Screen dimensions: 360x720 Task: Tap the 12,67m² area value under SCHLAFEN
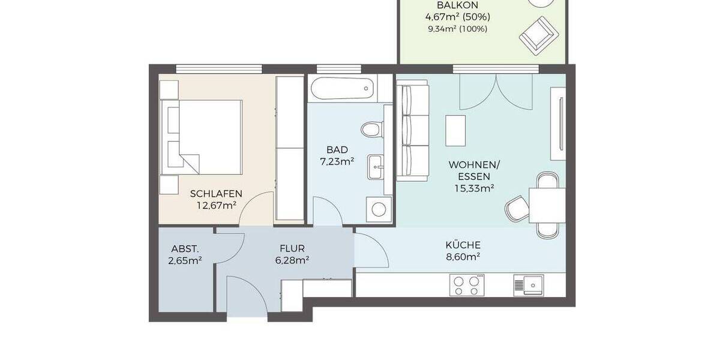(216, 205)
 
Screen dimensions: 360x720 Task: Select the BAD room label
(337, 149)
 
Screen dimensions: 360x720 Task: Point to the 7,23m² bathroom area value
(337, 161)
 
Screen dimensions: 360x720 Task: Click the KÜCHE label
(463, 245)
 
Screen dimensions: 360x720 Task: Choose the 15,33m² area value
(474, 188)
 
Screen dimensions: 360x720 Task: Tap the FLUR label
(292, 248)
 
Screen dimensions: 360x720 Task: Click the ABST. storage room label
(185, 248)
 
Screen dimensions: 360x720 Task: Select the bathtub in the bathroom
(343, 89)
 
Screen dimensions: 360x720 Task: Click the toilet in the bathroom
(372, 130)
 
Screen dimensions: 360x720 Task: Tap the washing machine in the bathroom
(379, 209)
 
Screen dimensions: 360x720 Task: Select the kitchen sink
(528, 284)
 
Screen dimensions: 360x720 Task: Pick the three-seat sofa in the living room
(412, 133)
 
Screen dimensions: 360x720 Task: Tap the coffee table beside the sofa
(455, 130)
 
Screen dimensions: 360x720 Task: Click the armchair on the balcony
(538, 33)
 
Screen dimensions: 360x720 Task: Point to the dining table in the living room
(547, 204)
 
